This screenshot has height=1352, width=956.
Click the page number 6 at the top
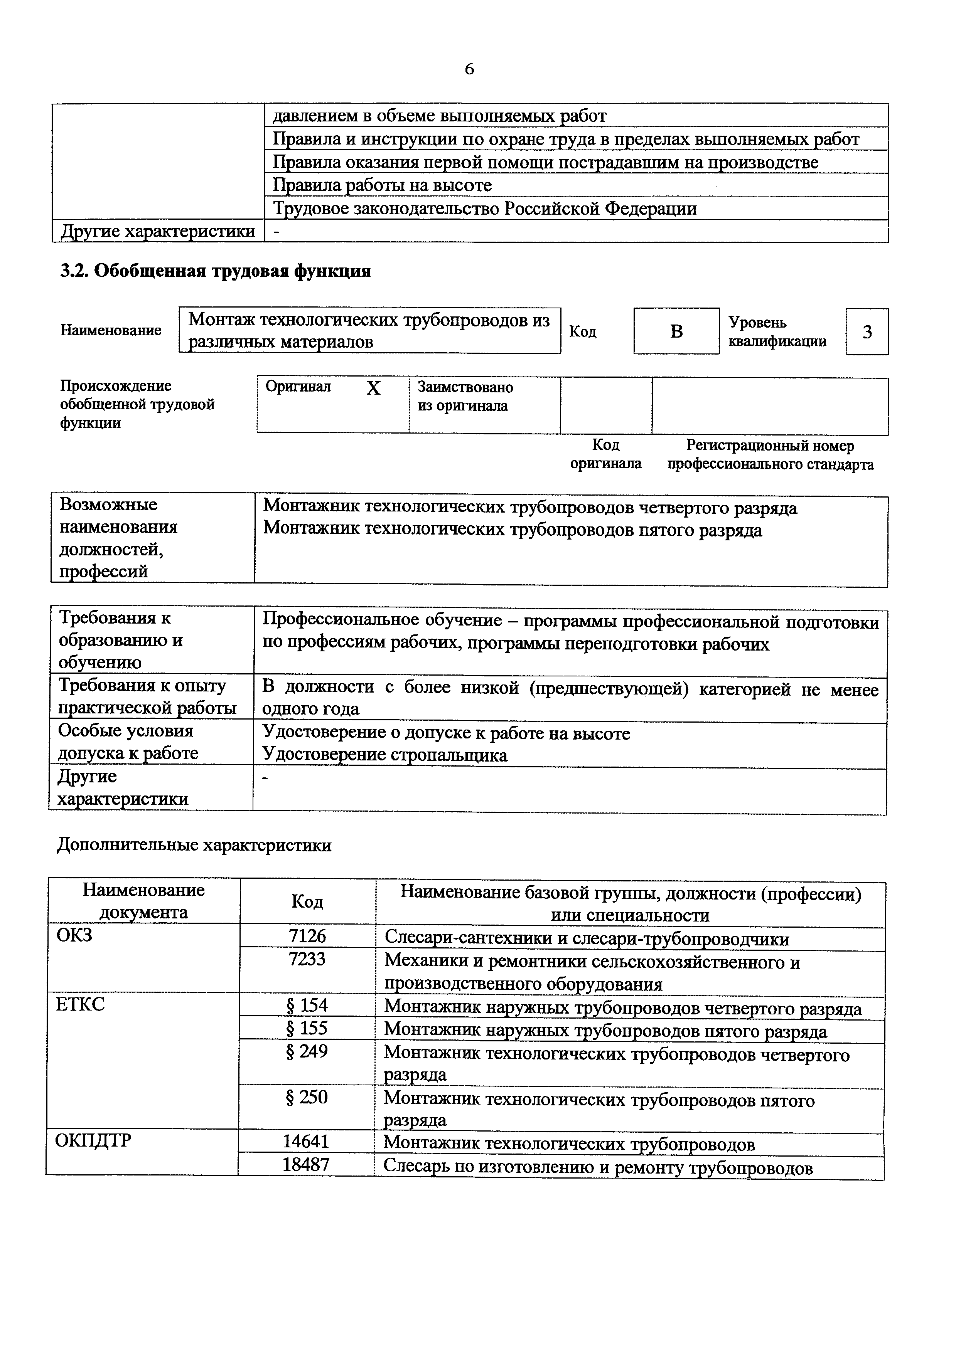point(469,69)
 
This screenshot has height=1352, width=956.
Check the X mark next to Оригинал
point(373,388)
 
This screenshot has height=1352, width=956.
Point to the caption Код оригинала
point(605,454)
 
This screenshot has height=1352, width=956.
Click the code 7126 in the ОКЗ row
point(307,937)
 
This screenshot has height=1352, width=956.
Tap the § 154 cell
point(307,1005)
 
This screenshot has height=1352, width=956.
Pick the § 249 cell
point(307,1051)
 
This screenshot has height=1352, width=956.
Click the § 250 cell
point(307,1097)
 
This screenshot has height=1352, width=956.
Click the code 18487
point(306,1164)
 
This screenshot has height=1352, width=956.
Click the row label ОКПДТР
point(93,1140)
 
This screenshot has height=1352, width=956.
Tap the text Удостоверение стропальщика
point(384,755)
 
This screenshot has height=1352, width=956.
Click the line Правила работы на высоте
point(382,185)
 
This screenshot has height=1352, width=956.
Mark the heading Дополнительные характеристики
point(194,846)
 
